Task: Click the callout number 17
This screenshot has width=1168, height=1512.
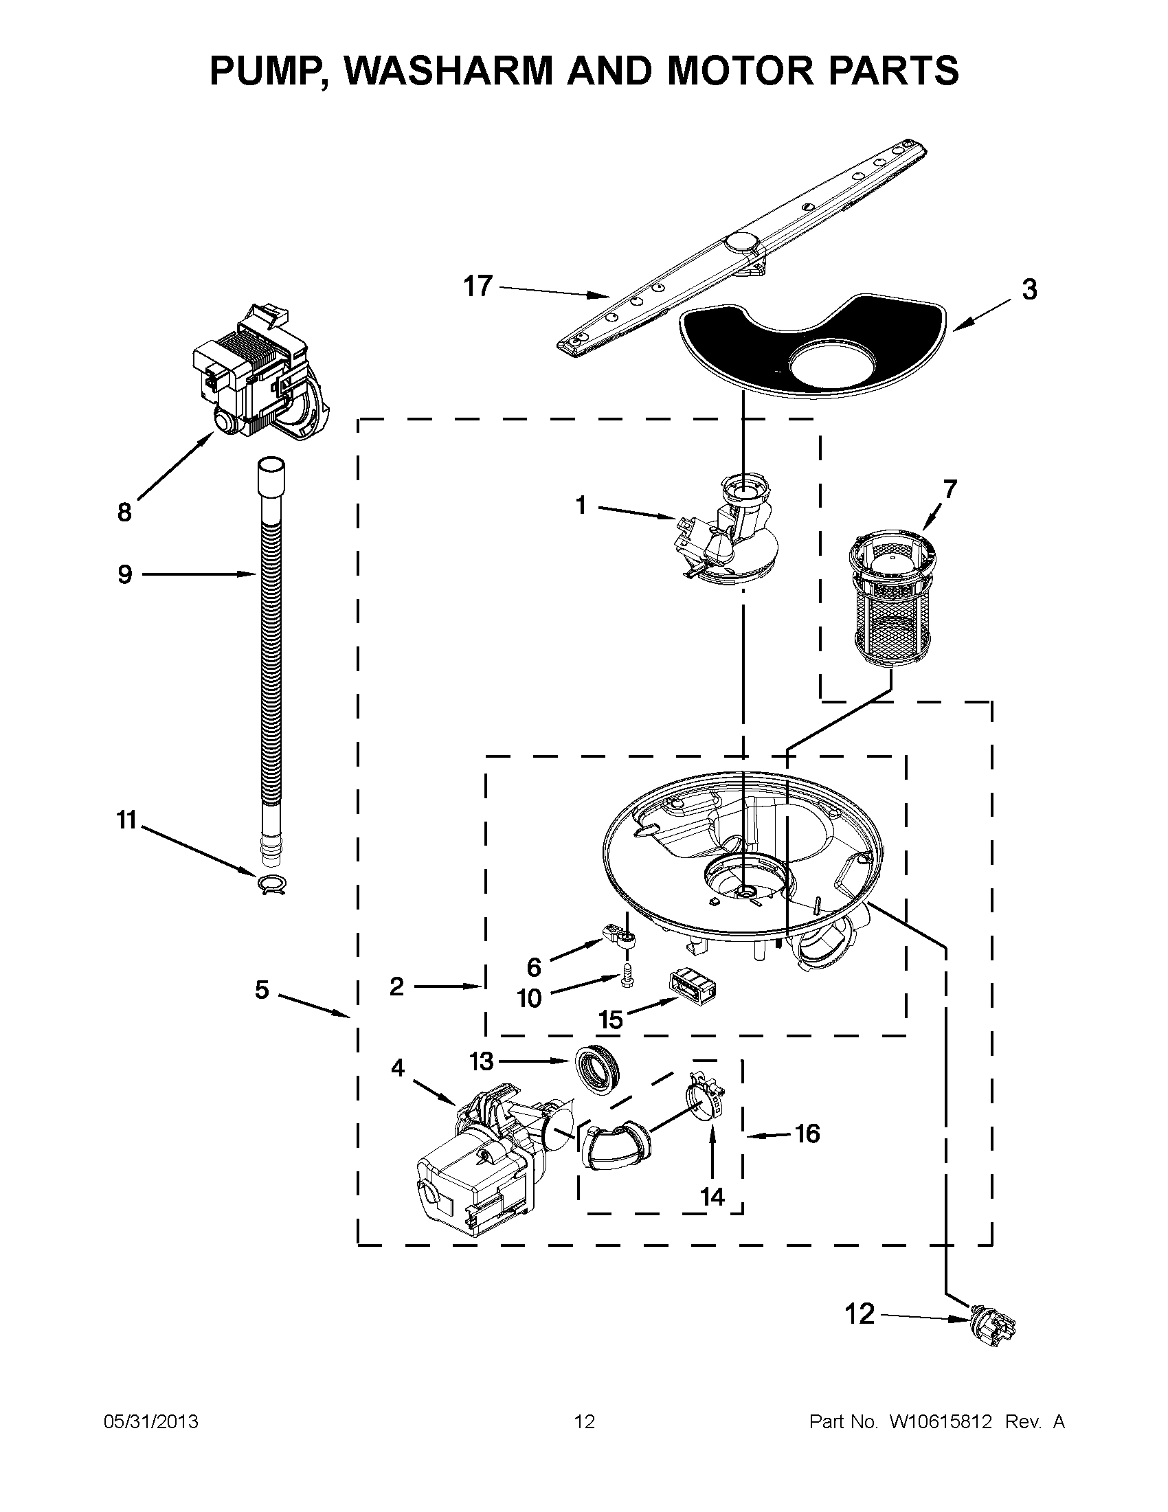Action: tap(478, 285)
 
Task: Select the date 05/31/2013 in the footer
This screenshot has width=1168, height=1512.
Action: tap(151, 1422)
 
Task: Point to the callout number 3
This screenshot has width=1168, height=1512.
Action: tap(1029, 289)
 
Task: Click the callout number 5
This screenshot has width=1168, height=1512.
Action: tap(261, 990)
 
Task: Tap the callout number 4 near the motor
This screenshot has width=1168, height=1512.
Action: tap(396, 1068)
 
